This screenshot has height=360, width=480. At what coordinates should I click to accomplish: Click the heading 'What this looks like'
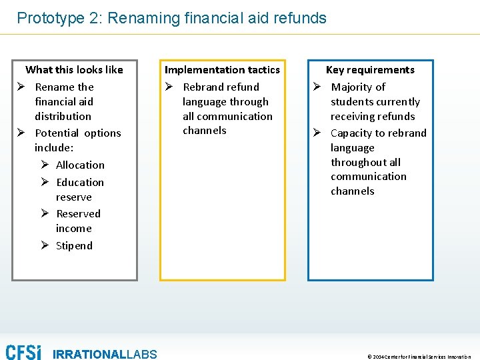74,69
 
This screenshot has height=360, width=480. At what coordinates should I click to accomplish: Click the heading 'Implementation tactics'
222,69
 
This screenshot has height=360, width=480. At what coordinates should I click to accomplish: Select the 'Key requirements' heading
370,69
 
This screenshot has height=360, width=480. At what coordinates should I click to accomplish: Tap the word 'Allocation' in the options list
80,165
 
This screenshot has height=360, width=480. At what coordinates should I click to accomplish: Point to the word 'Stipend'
74,245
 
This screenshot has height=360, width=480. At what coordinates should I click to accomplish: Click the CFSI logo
23,352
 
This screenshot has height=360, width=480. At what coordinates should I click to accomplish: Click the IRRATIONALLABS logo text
105,354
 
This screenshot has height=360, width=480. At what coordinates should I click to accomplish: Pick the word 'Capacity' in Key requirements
352,133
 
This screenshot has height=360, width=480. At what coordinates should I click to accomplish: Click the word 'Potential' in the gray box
57,133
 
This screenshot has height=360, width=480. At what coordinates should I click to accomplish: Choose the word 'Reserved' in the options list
79,213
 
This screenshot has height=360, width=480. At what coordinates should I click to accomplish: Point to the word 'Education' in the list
80,182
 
